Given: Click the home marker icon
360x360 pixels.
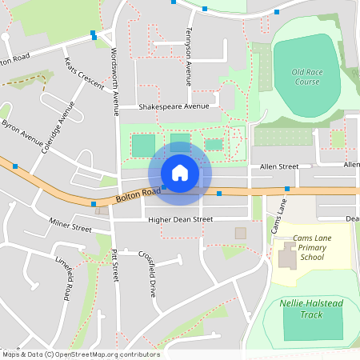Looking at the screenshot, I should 180,172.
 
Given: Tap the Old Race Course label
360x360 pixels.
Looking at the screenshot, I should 306,77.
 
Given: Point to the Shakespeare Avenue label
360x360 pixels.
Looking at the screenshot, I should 174,106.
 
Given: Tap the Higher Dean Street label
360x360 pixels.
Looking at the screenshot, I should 174,219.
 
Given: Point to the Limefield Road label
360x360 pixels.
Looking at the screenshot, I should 64,278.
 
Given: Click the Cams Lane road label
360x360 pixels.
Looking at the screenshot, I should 278,217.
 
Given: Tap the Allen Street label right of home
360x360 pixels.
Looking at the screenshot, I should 279,166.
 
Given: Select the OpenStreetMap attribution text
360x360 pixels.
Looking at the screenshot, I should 80,354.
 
